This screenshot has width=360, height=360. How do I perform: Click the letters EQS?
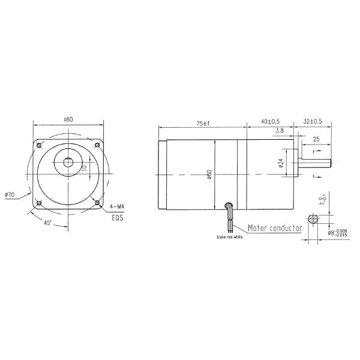pos(117,218)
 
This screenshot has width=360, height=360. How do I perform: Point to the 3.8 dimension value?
pos(280,131)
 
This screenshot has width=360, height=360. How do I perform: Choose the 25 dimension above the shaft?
pos(315,139)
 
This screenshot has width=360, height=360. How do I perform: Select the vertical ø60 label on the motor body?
pos(209,174)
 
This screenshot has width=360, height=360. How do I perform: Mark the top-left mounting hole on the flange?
pos(39,146)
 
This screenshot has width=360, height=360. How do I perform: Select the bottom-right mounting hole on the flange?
pos(97,204)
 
